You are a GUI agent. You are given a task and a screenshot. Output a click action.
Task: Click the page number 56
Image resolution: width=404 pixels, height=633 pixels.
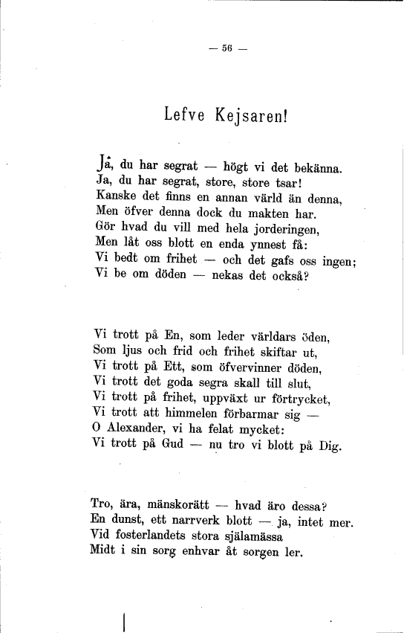[x=227, y=49]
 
